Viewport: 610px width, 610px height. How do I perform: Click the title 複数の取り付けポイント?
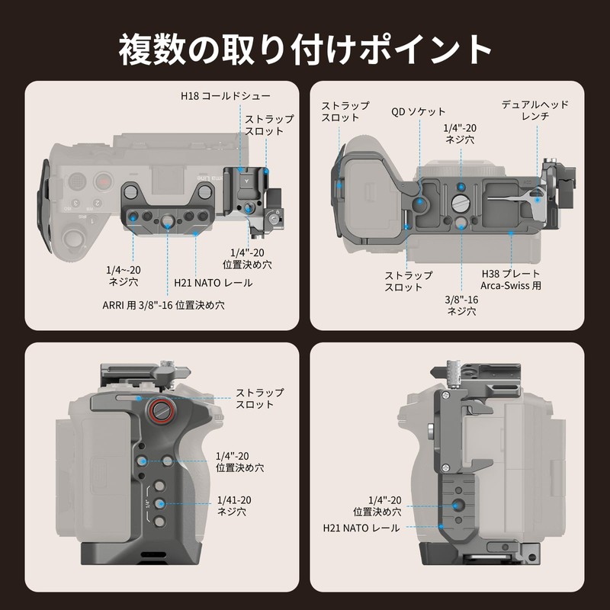point(305,50)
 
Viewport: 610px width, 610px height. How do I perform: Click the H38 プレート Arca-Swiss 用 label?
point(510,280)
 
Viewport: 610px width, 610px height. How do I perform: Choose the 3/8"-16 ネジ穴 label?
point(462,305)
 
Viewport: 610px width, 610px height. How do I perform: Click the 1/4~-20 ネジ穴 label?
point(123,276)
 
